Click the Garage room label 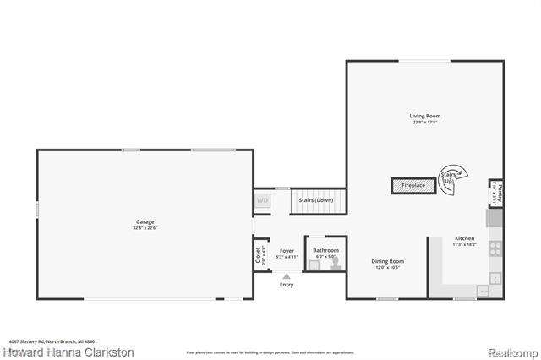point(145,222)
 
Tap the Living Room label point(425,116)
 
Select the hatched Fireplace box point(413,185)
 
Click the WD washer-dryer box point(262,201)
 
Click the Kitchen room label point(465,240)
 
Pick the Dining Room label point(388,261)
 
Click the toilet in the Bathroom point(334,265)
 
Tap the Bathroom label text point(325,250)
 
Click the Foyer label point(287,250)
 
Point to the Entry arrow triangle point(287,275)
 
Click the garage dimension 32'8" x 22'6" point(145,228)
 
